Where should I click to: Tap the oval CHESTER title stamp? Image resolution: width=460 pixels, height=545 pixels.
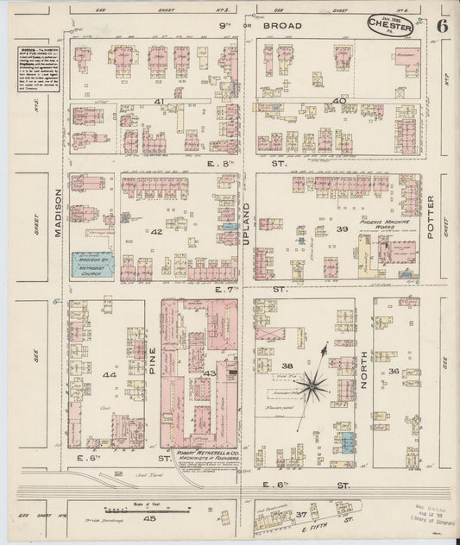coord(389,26)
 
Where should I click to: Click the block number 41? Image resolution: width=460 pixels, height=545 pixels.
coord(158,103)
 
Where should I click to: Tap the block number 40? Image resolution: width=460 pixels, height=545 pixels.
coord(338,102)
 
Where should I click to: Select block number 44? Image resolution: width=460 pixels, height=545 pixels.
coord(109,376)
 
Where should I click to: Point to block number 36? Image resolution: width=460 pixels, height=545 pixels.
coord(394,372)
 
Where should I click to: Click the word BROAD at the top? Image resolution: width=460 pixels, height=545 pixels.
coord(282,26)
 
